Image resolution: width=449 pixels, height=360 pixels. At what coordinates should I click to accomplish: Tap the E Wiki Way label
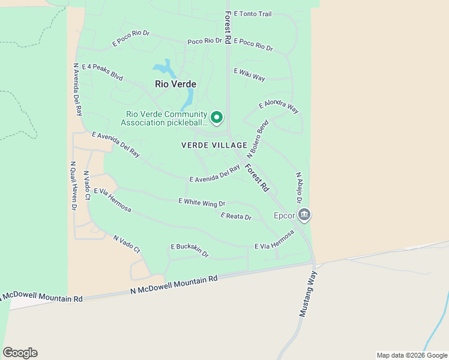tap(250, 74)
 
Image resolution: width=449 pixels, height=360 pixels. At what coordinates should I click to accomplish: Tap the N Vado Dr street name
tap(87, 184)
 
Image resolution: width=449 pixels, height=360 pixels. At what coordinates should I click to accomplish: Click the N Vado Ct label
tap(127, 244)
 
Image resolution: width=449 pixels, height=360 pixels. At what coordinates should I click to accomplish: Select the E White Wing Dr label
tap(202, 203)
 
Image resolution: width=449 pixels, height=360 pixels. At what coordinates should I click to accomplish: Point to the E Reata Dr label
tap(236, 216)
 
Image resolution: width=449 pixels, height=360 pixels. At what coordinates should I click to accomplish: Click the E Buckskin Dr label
tap(190, 250)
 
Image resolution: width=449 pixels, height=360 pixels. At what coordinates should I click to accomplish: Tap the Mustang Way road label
tap(308, 294)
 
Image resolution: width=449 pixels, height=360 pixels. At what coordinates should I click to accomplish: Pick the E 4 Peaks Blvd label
tap(102, 73)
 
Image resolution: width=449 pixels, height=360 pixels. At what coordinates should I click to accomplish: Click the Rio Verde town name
tap(175, 85)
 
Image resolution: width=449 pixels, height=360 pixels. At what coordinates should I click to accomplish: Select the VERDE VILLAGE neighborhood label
tap(214, 145)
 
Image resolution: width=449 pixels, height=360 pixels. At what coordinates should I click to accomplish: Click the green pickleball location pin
tap(217, 117)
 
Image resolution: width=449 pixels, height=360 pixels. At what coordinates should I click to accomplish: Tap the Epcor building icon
tap(304, 214)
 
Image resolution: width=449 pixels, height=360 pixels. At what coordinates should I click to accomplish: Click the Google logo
tap(20, 353)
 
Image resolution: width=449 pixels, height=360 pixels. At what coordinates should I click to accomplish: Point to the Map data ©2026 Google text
tap(411, 355)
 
